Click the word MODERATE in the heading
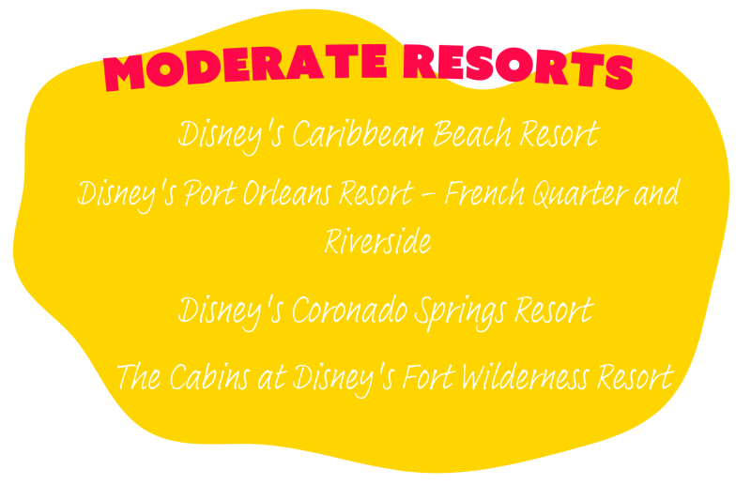point(245,67)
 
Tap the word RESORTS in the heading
point(518,66)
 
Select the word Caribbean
point(359,134)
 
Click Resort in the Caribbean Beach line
point(559,134)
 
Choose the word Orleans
point(287,193)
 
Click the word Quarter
point(581,194)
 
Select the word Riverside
point(378,241)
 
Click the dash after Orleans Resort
point(429,196)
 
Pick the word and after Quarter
point(656,193)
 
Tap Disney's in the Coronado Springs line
point(231,312)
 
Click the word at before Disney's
point(272,378)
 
